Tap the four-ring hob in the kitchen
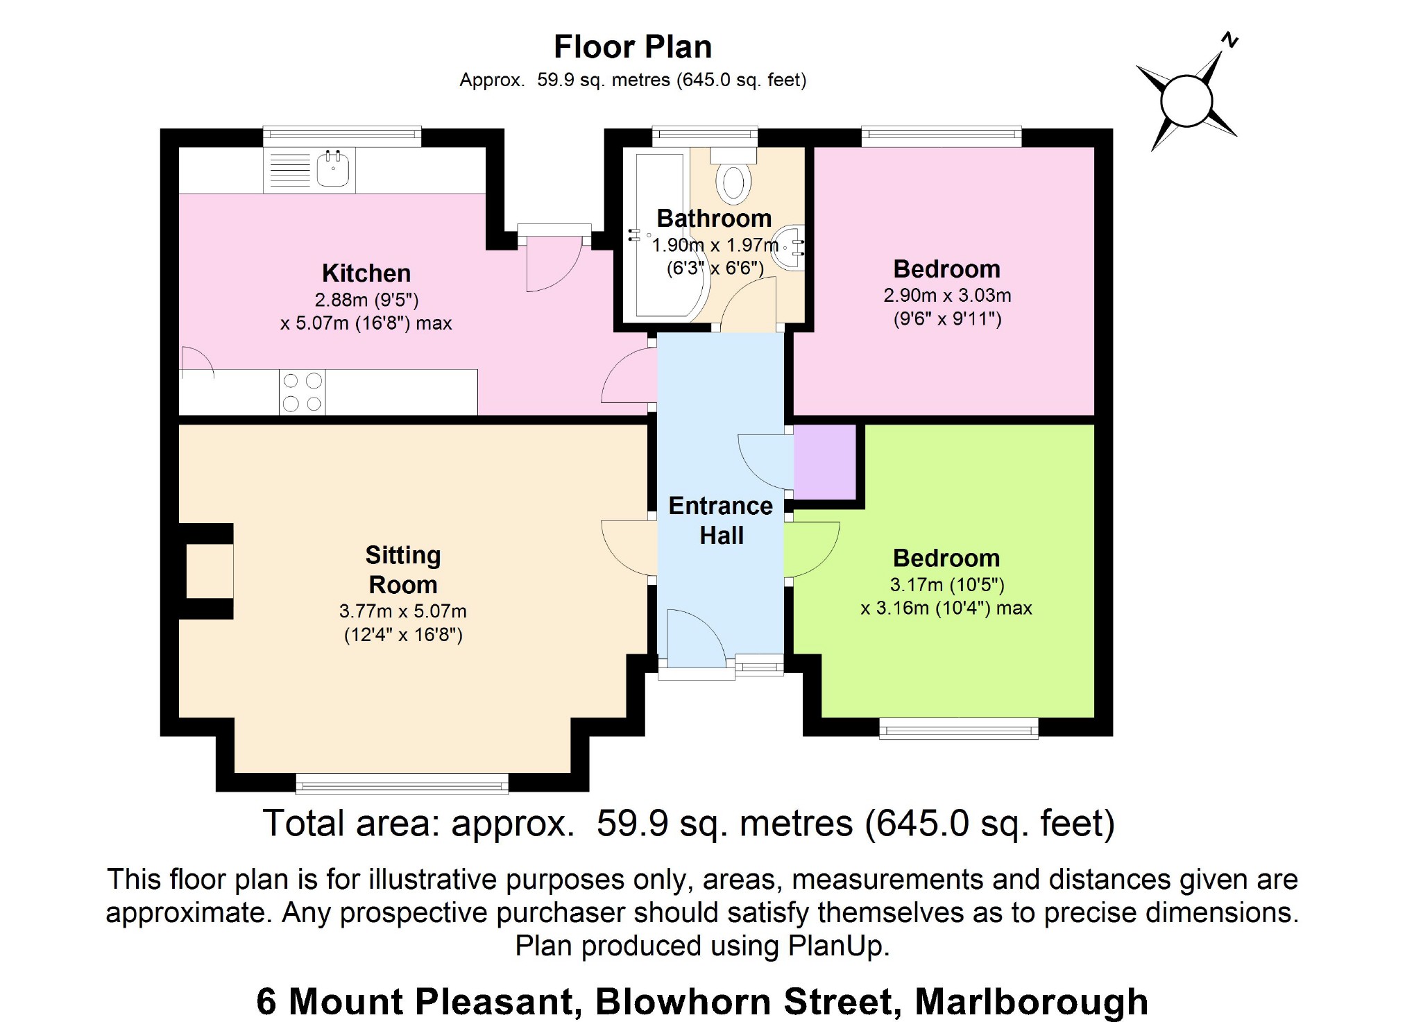click(x=303, y=392)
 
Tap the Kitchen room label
click(x=366, y=273)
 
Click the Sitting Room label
click(x=403, y=570)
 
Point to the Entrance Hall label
click(x=721, y=520)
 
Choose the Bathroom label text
click(x=714, y=219)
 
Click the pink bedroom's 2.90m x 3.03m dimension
click(x=947, y=296)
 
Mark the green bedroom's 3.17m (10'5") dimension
click(x=947, y=585)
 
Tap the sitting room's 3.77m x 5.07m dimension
click(x=403, y=611)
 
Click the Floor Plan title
click(x=633, y=47)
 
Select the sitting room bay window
click(x=402, y=783)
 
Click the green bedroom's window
click(x=959, y=728)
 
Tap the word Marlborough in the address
click(x=1031, y=1001)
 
